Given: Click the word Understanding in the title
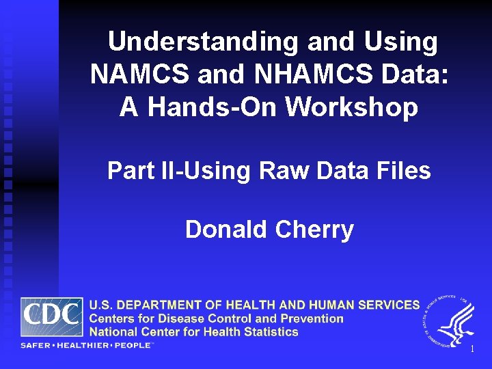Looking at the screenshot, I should (x=203, y=42).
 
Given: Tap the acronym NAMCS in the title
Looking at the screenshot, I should (x=140, y=74).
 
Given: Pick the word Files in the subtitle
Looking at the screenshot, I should (x=405, y=171).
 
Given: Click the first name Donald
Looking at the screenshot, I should (x=226, y=230).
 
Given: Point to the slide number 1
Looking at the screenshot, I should (x=471, y=349).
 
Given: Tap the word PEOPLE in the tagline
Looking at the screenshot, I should (x=132, y=346).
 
